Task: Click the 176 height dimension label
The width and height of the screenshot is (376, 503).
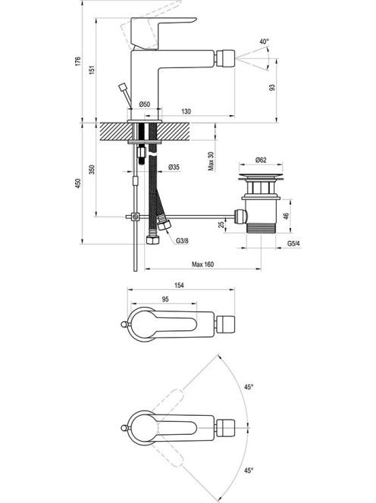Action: pyautogui.click(x=78, y=61)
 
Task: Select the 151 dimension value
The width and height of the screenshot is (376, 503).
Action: pyautogui.click(x=92, y=70)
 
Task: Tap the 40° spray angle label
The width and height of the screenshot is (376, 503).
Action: pyautogui.click(x=265, y=42)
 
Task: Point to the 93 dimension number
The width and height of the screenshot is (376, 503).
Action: pyautogui.click(x=272, y=88)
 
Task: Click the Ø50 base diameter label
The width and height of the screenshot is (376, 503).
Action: pyautogui.click(x=145, y=105)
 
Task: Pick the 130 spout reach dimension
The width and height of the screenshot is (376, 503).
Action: pyautogui.click(x=186, y=111)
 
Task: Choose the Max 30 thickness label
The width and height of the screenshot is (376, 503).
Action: pyautogui.click(x=211, y=161)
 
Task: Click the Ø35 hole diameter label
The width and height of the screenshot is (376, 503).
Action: pyautogui.click(x=174, y=167)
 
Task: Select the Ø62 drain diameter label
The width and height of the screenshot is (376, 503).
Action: pyautogui.click(x=261, y=160)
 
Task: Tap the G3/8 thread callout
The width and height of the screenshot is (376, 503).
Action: pyautogui.click(x=182, y=241)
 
